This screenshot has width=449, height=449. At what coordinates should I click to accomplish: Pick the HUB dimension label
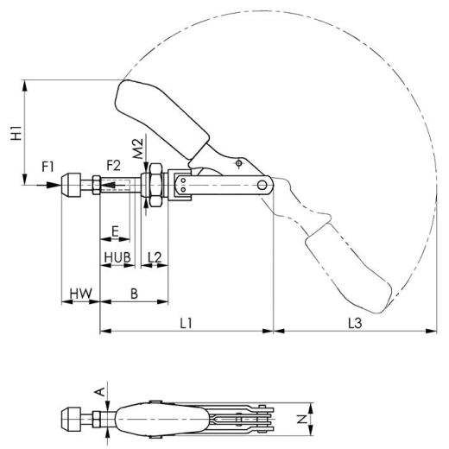coord(117,256)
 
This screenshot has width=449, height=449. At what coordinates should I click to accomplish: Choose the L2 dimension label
coord(154,256)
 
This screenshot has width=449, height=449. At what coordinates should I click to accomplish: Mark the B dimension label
coord(134,294)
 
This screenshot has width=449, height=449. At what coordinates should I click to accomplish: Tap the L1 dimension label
coord(185,321)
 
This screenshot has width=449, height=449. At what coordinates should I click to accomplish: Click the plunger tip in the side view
coord(70,185)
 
